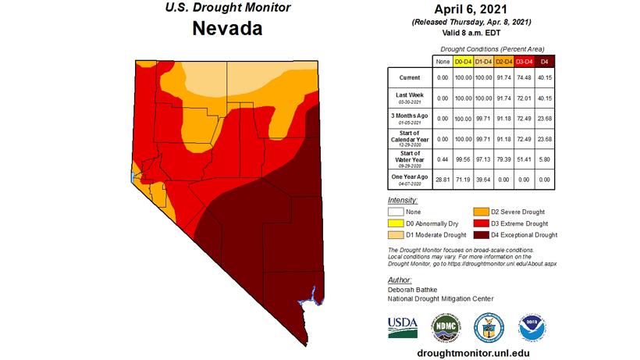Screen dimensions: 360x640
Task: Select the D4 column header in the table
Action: click(x=545, y=61)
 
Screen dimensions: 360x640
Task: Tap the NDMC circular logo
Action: click(x=446, y=326)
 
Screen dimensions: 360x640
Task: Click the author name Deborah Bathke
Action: click(x=414, y=290)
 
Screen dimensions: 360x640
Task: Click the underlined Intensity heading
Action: click(x=401, y=200)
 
